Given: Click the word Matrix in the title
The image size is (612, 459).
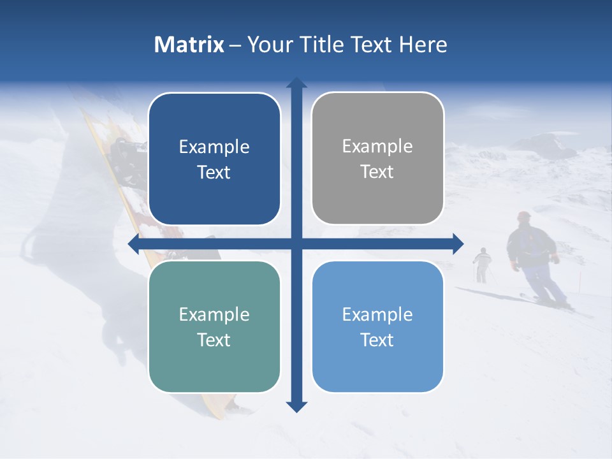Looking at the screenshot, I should (189, 45).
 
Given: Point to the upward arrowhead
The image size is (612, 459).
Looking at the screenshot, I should (296, 83).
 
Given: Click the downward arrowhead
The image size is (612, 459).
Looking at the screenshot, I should (296, 406).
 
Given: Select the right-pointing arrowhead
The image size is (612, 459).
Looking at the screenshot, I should (458, 244).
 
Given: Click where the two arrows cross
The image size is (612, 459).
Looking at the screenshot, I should (296, 244).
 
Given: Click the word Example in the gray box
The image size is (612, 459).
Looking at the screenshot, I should (377, 147).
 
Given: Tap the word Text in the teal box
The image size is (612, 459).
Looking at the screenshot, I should (214, 340).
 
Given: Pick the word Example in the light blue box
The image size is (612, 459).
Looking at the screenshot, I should (377, 314).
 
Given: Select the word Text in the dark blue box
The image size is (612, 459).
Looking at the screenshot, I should (214, 173).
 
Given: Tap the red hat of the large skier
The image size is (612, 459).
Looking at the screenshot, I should (524, 215).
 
